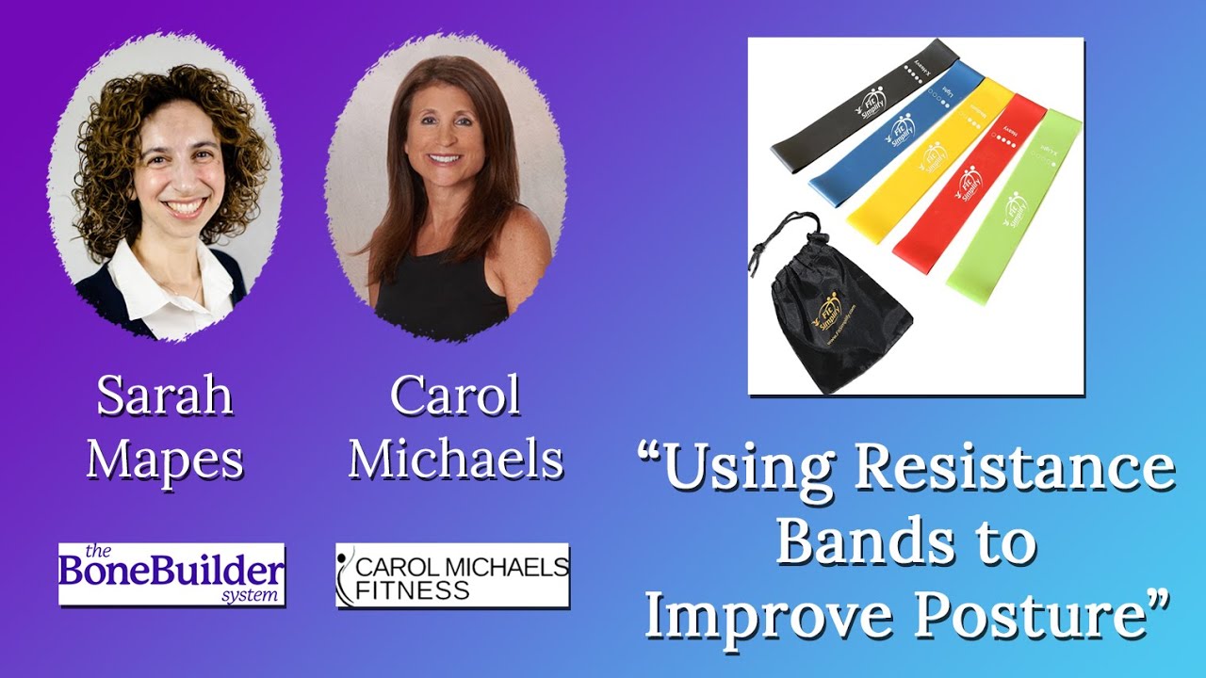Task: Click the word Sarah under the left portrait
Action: (165, 396)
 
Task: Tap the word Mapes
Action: (165, 460)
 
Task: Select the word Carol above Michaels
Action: (456, 396)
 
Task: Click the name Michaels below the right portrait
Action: (456, 460)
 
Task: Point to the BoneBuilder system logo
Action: (171, 573)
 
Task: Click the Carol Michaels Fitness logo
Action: (452, 574)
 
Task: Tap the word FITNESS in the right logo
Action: (413, 590)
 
